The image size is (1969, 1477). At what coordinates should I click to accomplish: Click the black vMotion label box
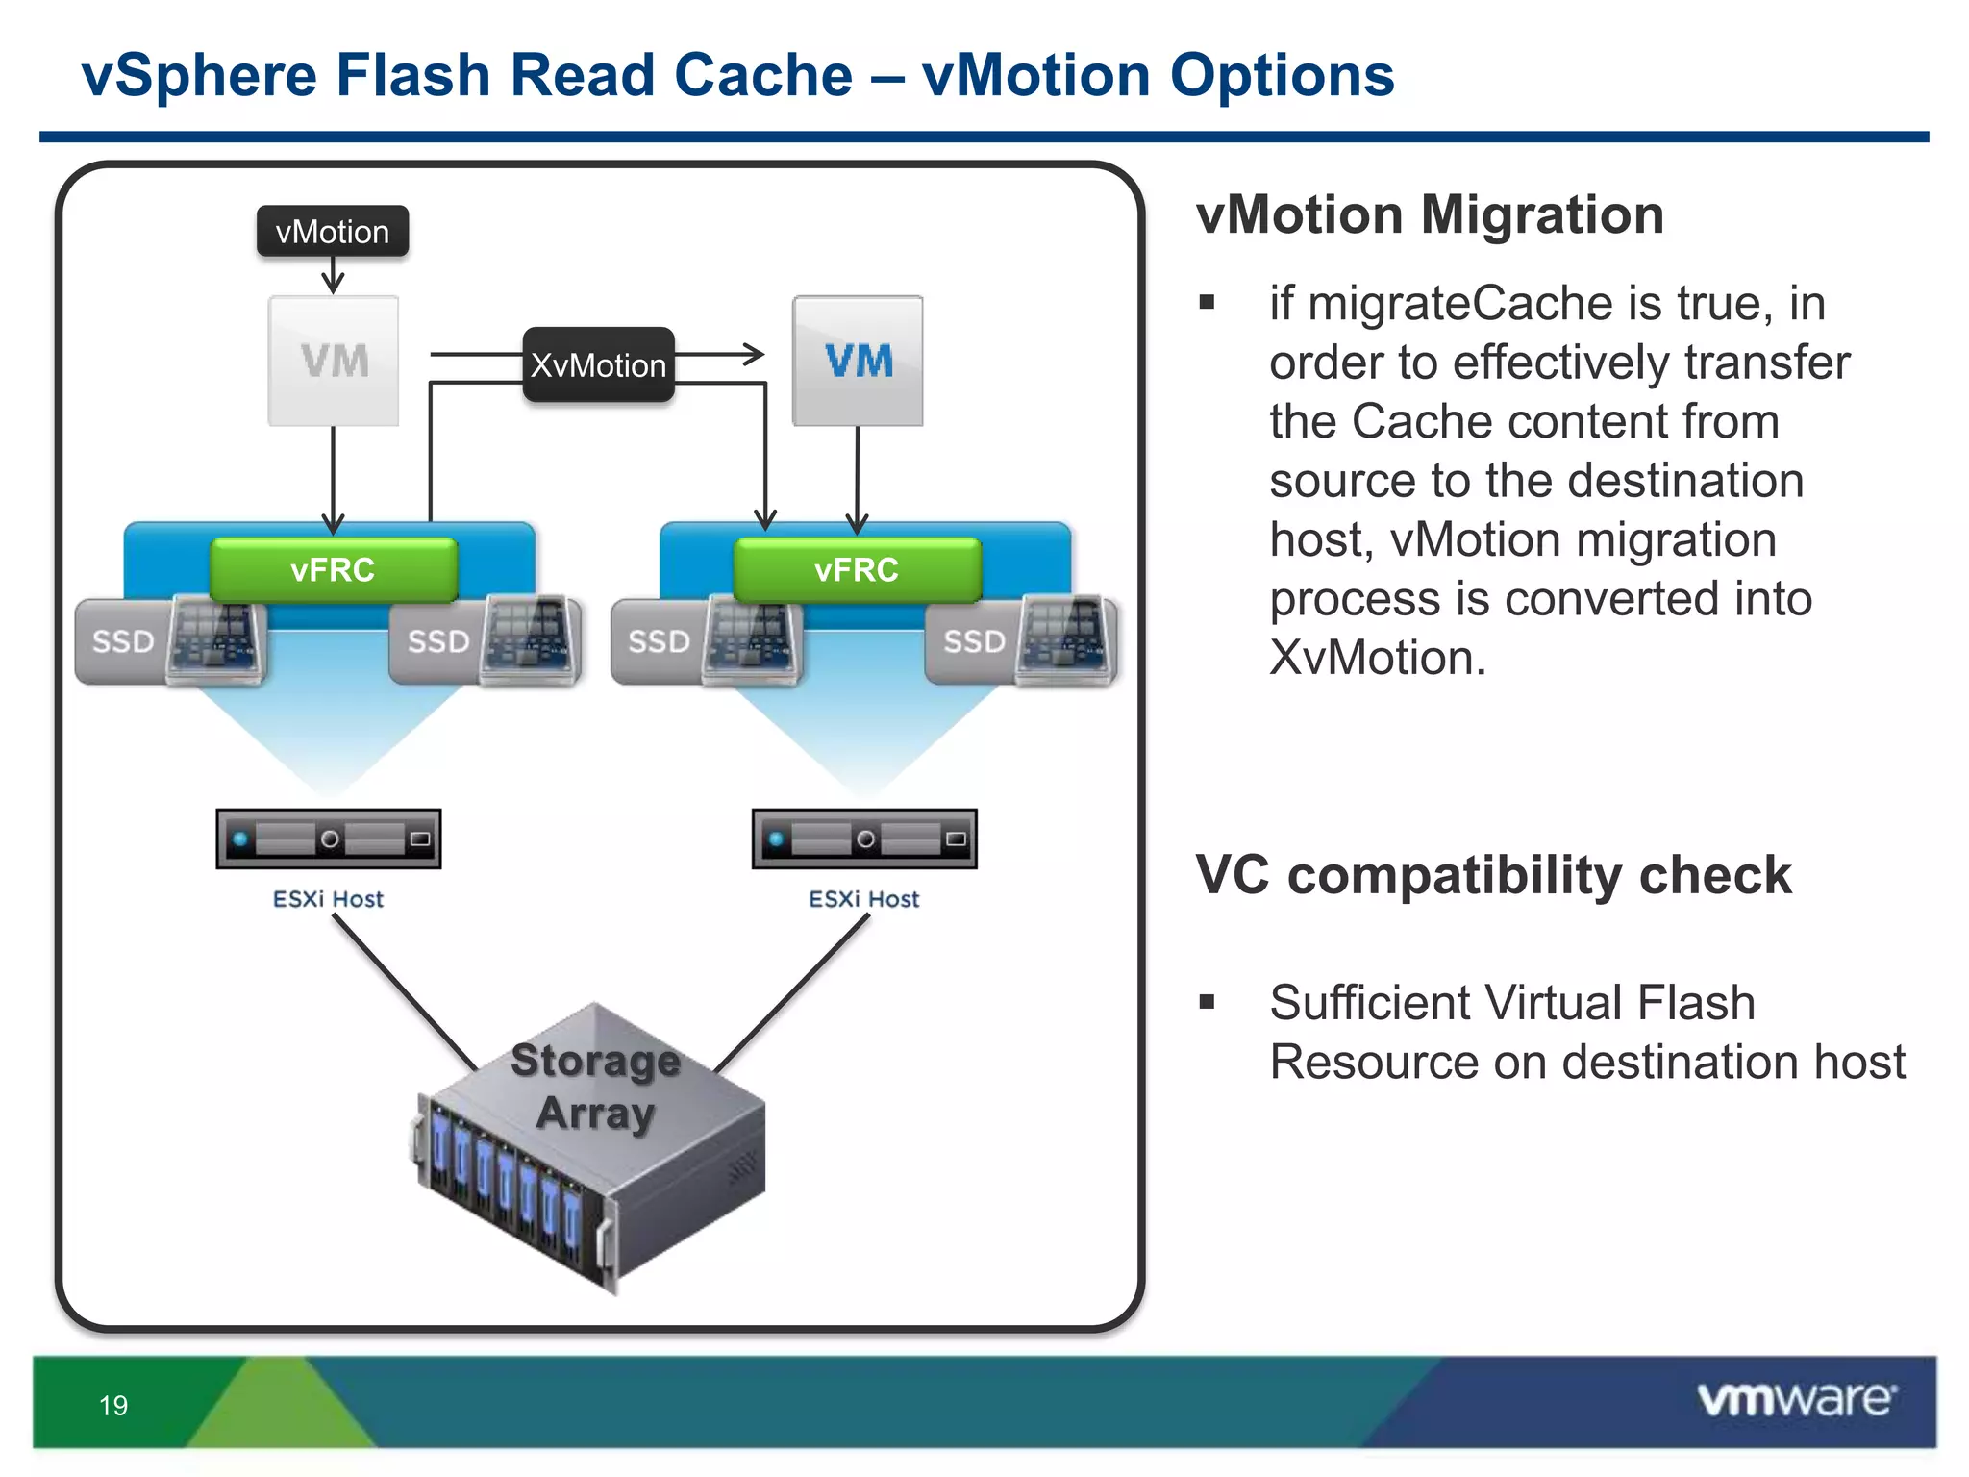[333, 232]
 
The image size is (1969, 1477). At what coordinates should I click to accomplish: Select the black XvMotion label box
[598, 365]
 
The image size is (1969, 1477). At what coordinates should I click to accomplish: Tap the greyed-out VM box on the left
[334, 361]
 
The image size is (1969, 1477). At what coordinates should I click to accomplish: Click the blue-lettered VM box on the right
[858, 361]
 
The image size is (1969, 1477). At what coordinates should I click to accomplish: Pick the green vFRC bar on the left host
[333, 569]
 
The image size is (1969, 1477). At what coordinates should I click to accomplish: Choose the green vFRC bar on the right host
[857, 569]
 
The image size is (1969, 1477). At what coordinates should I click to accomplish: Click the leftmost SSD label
[123, 641]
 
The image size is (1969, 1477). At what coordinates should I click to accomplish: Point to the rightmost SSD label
[974, 641]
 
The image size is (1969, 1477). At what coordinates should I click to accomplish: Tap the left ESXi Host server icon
[329, 839]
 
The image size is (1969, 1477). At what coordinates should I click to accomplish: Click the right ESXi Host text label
[863, 899]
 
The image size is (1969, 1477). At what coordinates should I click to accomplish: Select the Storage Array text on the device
[596, 1087]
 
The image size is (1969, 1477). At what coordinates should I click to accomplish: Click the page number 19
[113, 1406]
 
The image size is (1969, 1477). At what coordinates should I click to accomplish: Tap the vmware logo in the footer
[1796, 1399]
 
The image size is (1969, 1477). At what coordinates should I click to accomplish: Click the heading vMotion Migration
[1430, 214]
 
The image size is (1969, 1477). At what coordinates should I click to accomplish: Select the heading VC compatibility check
[1493, 875]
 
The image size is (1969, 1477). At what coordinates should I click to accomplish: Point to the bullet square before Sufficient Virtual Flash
[1208, 1003]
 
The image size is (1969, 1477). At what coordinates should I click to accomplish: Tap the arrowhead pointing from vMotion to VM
[333, 285]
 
